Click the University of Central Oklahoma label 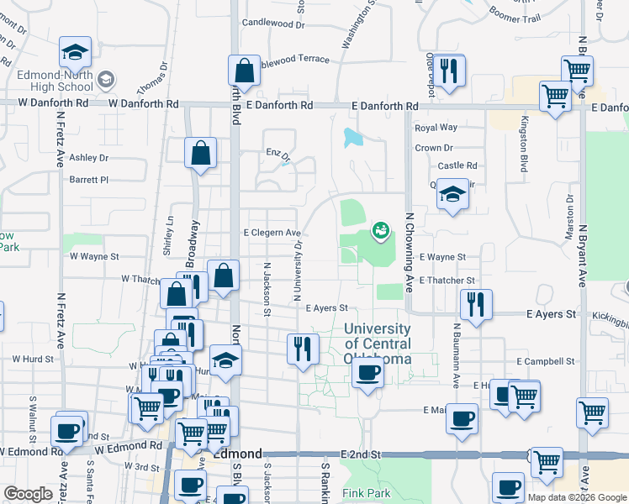378,344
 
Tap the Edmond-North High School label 55,81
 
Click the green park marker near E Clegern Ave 380,228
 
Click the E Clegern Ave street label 272,233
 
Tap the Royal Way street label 436,128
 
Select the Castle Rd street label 457,165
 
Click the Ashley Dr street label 89,157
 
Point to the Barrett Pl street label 89,179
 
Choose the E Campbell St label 546,361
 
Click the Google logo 28,494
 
